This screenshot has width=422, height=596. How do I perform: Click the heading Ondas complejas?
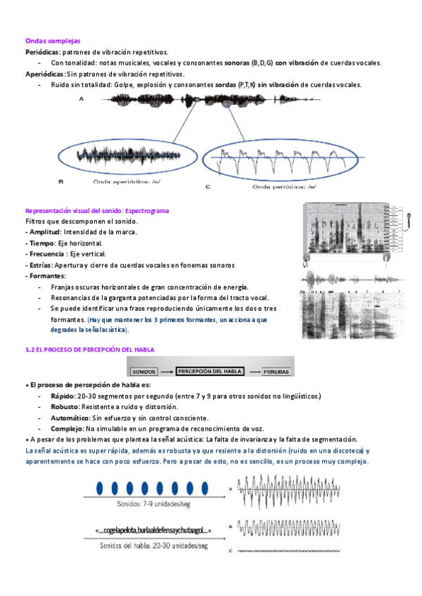(53, 41)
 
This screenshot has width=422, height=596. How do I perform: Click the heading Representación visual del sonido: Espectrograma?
(97, 210)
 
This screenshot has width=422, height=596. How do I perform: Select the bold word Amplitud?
(45, 232)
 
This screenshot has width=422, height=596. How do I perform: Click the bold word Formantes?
(46, 276)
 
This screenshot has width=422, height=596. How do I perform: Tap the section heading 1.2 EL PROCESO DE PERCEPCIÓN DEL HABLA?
(89, 349)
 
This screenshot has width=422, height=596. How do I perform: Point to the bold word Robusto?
(65, 408)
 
